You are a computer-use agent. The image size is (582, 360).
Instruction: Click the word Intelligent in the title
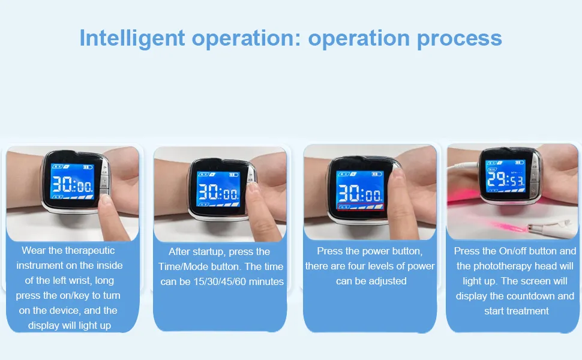(x=132, y=38)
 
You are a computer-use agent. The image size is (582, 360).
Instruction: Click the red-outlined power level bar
(x=361, y=206)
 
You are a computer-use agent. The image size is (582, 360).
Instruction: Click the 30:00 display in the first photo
(x=72, y=184)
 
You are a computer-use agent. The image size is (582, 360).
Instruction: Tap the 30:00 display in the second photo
(x=218, y=192)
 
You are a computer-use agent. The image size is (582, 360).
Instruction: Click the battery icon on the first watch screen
(x=88, y=167)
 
